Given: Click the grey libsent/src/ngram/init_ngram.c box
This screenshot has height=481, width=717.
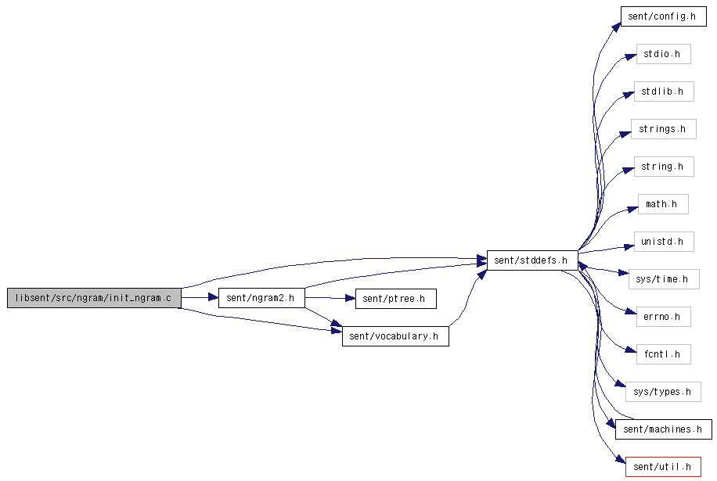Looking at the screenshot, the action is pos(94,298).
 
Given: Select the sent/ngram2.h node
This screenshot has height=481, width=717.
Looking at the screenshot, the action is pos(261,298).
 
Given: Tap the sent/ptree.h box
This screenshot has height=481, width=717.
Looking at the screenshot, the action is pos(396,299).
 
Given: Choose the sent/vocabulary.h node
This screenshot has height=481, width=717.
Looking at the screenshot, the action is pos(395,336).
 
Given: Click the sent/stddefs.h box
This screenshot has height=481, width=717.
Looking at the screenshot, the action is pos(532,260).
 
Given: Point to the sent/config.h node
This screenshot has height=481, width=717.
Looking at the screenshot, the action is pos(664,16).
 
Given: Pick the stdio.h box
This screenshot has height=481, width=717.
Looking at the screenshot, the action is pos(664,54).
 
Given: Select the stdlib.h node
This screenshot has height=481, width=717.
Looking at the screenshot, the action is pos(664,92).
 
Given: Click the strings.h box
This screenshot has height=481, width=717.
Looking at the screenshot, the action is pos(664,129).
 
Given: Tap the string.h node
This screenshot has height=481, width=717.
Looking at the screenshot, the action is pos(664,167).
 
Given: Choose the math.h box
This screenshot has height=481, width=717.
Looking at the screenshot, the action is pos(663,203).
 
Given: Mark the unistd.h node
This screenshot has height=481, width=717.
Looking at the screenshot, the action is pos(664,241).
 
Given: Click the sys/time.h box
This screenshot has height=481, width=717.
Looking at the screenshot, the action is pos(664,279).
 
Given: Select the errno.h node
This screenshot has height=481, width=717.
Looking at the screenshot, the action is pos(664,317).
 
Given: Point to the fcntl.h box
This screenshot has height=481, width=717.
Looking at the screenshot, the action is pos(664,354).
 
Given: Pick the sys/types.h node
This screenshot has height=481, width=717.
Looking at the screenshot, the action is pos(663,392).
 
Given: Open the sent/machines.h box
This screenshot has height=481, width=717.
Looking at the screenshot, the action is pos(664,429).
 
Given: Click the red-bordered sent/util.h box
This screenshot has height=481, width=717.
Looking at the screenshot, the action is pos(663,467).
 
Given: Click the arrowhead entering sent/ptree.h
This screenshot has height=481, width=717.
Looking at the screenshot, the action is pos(350,298).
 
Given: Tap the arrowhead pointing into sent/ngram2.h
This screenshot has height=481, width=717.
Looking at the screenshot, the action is pos(214,297).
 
